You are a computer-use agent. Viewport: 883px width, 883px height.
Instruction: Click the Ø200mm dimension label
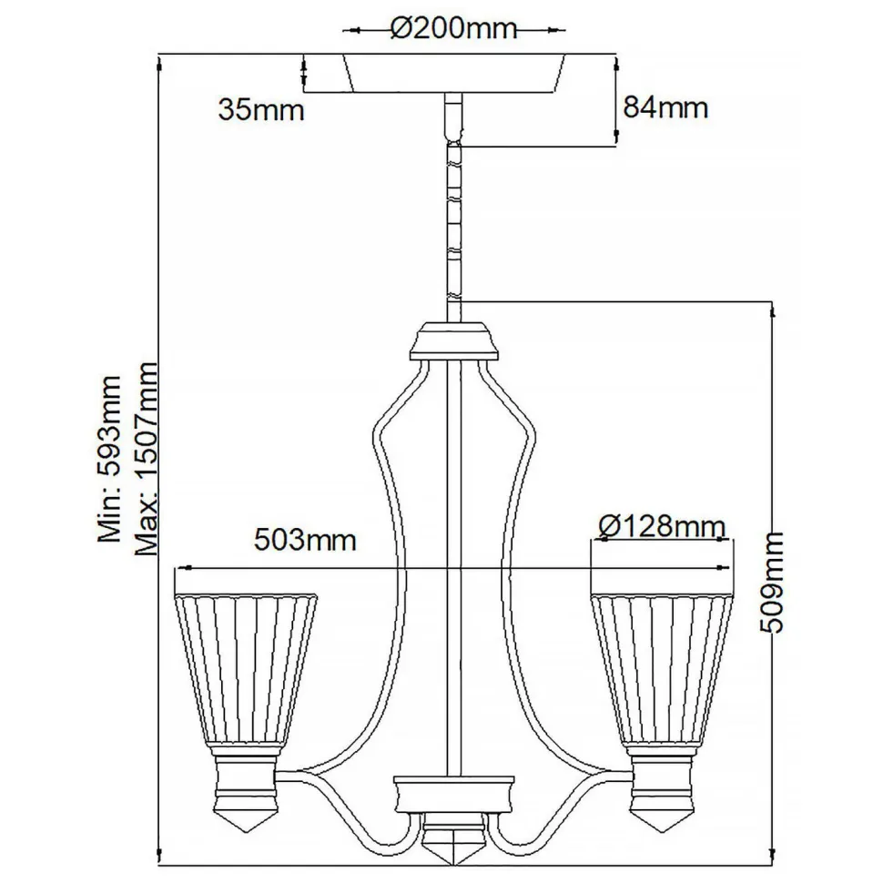pyautogui.click(x=453, y=29)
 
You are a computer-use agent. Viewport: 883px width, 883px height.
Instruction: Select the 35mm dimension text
pyautogui.click(x=260, y=110)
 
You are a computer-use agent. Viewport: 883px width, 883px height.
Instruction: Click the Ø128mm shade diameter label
pyautogui.click(x=664, y=525)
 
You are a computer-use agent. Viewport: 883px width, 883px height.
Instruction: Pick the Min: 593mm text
pyautogui.click(x=110, y=460)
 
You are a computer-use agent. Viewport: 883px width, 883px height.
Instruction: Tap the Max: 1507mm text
pyautogui.click(x=145, y=460)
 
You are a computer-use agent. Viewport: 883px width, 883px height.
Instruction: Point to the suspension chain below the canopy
pyautogui.click(x=452, y=218)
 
